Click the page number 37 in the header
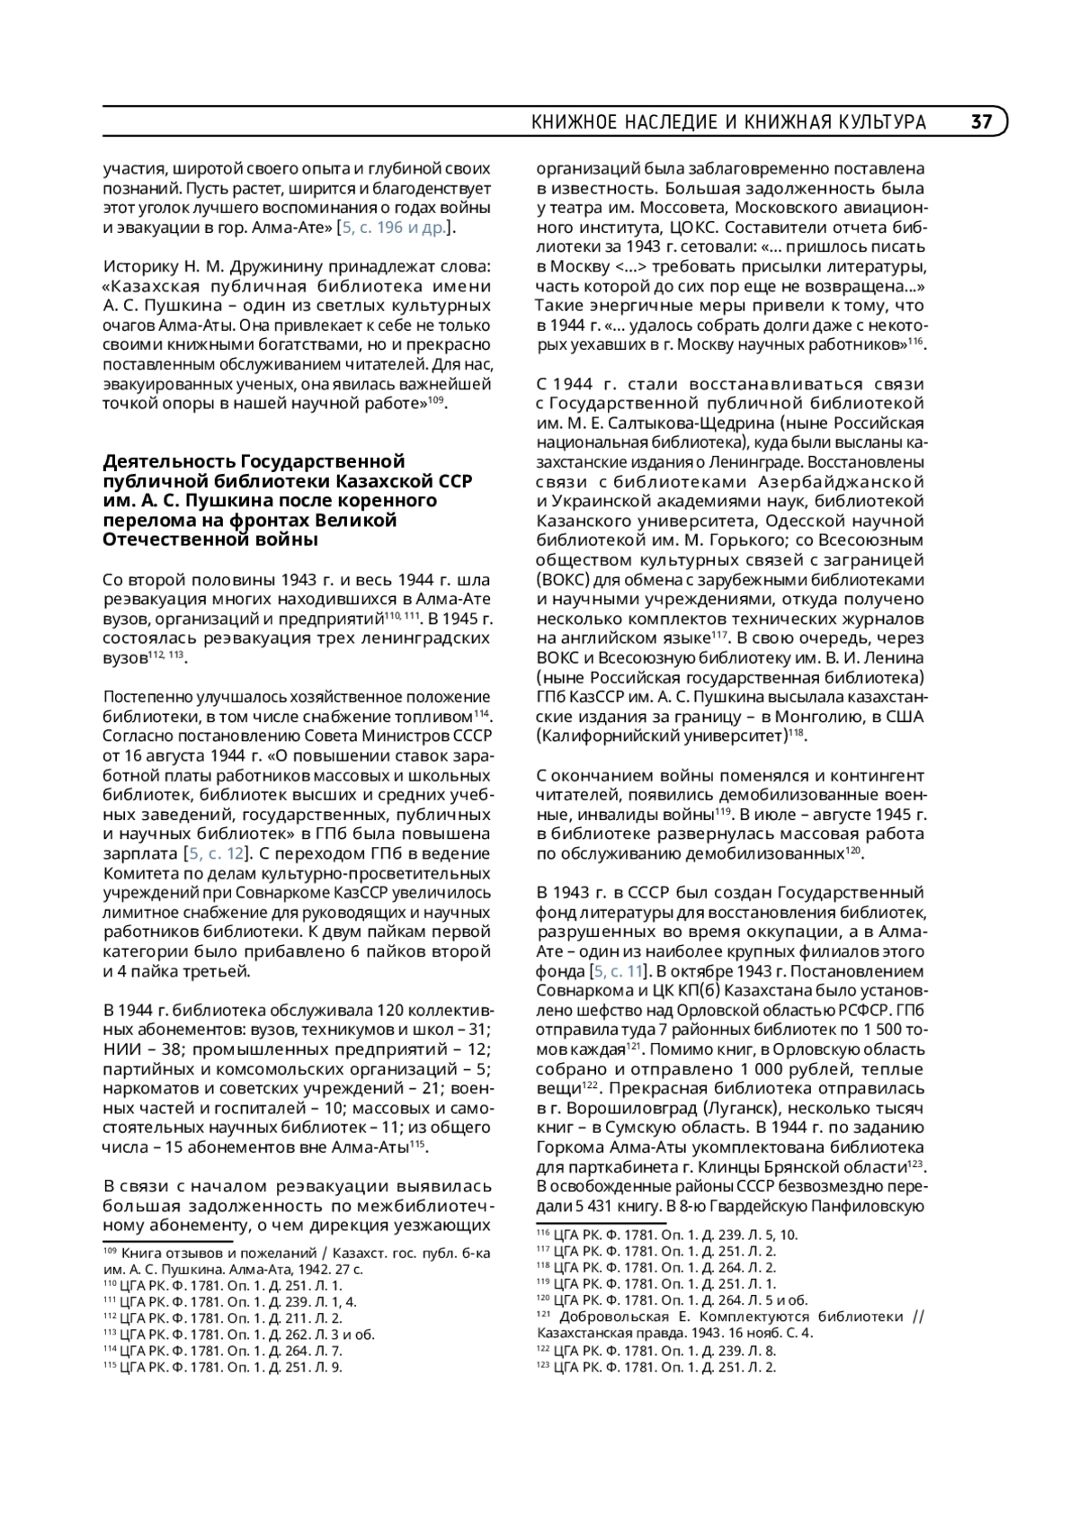click(x=981, y=122)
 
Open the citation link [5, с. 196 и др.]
click(x=392, y=228)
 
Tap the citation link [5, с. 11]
click(x=618, y=971)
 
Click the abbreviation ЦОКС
click(x=719, y=228)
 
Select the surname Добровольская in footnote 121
click(x=622, y=1316)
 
